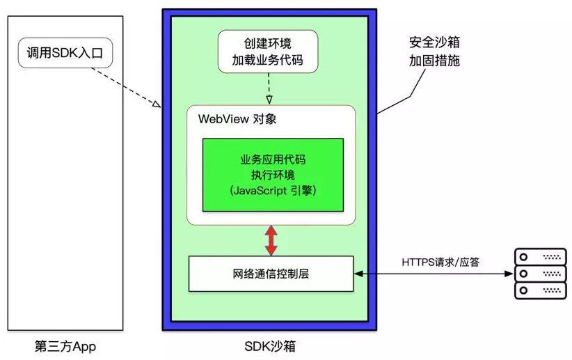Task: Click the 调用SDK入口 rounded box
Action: point(65,53)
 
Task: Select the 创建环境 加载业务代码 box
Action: point(268,52)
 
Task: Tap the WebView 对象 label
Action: point(237,119)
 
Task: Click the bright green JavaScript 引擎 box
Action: point(273,175)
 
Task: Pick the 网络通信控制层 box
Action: point(271,274)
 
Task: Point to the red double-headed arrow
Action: point(271,240)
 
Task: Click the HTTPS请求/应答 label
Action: point(440,262)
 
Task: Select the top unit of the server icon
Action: point(540,257)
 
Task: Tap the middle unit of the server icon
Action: point(540,274)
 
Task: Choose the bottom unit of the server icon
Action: point(540,290)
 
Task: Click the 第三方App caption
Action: point(65,346)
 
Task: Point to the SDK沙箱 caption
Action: point(270,346)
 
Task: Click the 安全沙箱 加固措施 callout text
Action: point(434,52)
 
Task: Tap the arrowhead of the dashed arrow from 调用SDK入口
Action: point(157,104)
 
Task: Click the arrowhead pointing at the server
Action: point(509,274)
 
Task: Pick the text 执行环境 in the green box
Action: point(273,175)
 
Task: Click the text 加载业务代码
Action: point(268,60)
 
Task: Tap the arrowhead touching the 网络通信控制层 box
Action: point(358,274)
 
